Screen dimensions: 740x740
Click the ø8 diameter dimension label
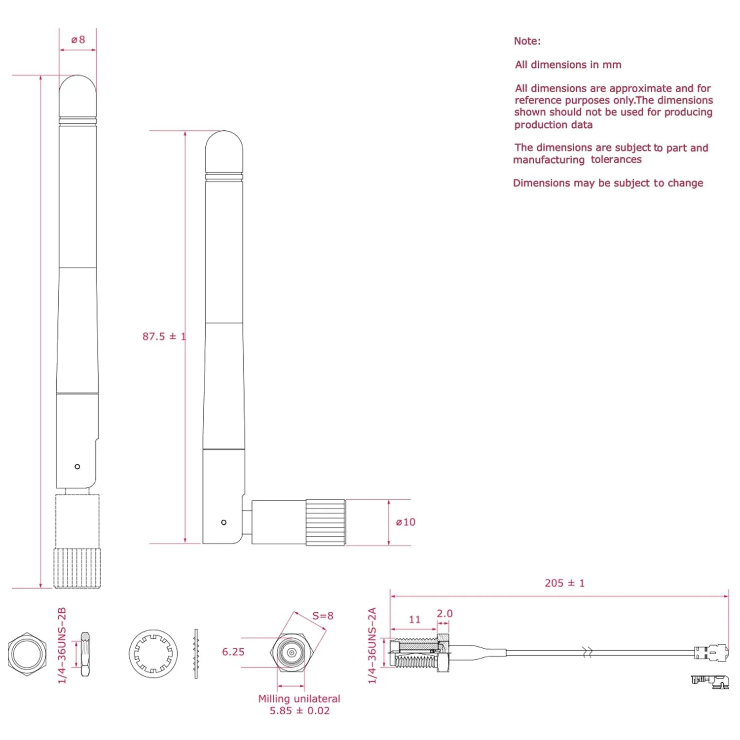(x=78, y=39)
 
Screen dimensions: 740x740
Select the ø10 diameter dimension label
(x=406, y=522)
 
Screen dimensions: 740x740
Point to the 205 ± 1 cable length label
(x=564, y=583)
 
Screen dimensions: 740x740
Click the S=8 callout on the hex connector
(x=323, y=616)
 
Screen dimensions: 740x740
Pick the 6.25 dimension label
(x=233, y=652)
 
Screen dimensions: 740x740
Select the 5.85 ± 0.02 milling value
(x=299, y=711)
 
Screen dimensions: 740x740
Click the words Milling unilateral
(x=299, y=699)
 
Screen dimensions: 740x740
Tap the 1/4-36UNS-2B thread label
(x=62, y=646)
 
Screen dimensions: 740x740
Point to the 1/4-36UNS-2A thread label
(x=372, y=646)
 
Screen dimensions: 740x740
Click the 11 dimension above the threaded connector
(x=414, y=619)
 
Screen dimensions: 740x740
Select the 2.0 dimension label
(x=444, y=613)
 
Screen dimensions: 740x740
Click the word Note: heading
(x=527, y=41)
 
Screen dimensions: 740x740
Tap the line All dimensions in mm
(x=568, y=65)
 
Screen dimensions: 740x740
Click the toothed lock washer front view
(x=153, y=654)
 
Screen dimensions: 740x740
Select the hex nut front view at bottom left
(x=27, y=654)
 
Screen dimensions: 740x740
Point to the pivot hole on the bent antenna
(x=224, y=522)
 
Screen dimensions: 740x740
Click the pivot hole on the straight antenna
(x=77, y=467)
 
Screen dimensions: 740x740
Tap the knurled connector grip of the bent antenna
(x=325, y=522)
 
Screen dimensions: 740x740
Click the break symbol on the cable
(x=588, y=652)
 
